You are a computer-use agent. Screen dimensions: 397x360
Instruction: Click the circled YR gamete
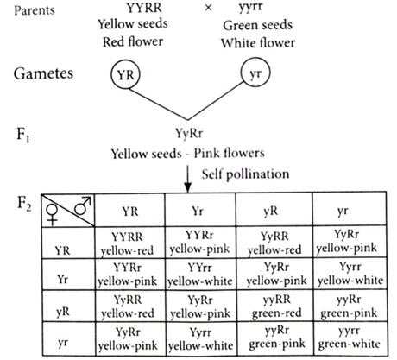(125, 74)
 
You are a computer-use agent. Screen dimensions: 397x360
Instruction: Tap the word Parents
(35, 10)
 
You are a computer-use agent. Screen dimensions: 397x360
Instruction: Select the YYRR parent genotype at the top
(144, 8)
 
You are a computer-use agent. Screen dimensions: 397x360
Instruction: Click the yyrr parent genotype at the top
(250, 7)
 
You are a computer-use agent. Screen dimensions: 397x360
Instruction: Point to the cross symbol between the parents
(208, 8)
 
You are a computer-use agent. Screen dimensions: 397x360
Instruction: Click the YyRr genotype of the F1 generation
(189, 134)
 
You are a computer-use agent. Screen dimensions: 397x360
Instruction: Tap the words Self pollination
(245, 174)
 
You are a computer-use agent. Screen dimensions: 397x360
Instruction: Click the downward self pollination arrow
(187, 179)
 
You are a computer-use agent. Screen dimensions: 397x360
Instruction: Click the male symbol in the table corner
(83, 205)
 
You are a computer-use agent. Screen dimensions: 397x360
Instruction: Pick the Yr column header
(198, 212)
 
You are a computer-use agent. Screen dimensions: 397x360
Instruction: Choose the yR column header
(271, 212)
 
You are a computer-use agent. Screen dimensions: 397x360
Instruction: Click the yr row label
(63, 342)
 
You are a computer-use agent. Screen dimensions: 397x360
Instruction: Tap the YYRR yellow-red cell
(127, 243)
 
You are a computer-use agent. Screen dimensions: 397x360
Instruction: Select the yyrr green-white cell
(350, 337)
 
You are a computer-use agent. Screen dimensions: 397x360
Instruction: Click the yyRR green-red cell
(277, 306)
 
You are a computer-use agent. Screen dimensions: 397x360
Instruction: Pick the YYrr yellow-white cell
(200, 275)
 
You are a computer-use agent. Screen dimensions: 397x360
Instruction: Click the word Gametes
(43, 73)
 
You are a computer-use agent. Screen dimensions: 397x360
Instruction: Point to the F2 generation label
(24, 204)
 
